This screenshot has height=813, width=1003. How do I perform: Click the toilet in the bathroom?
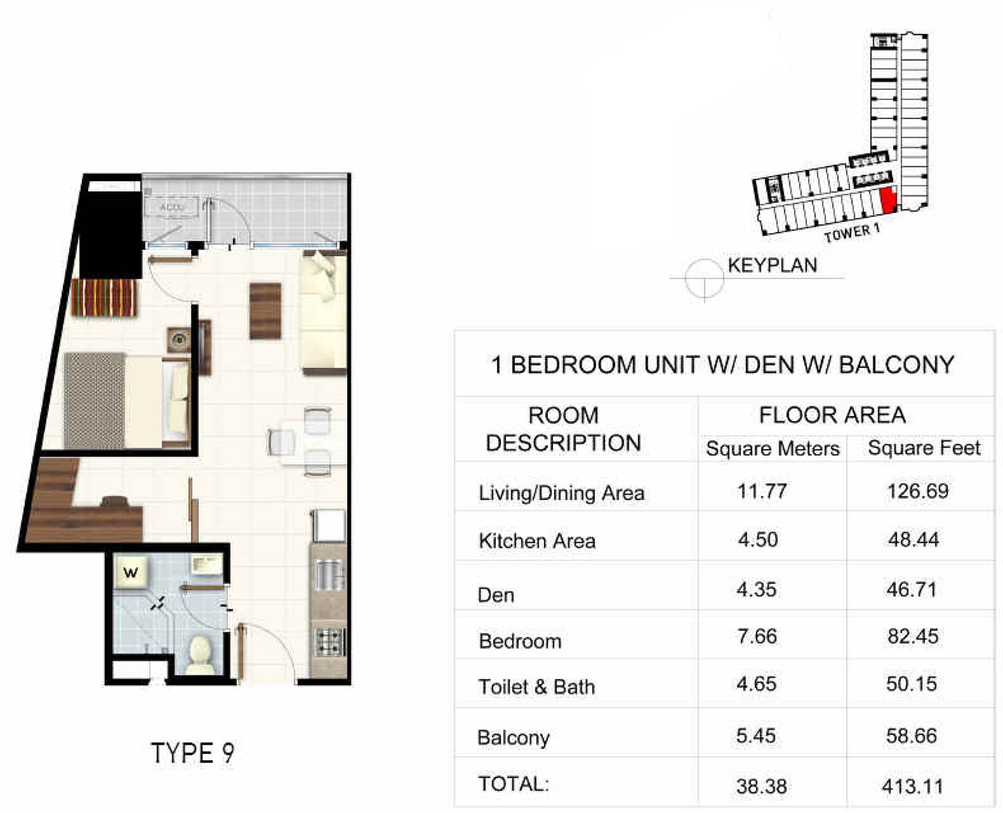click(x=202, y=655)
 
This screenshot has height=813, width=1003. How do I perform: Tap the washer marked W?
click(x=132, y=572)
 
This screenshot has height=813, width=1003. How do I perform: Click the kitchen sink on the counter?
click(x=329, y=574)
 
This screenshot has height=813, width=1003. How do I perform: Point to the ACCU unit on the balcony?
click(x=172, y=207)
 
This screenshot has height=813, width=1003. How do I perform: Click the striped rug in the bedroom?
click(x=104, y=298)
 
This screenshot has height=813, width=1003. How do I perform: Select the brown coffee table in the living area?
click(x=265, y=311)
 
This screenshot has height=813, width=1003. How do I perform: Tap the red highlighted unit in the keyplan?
click(x=888, y=200)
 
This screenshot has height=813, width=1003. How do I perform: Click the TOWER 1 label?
click(x=852, y=233)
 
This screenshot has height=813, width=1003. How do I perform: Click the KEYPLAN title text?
click(x=772, y=266)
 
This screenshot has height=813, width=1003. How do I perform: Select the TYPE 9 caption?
click(x=192, y=753)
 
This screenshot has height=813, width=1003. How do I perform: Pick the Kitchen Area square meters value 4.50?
click(x=758, y=540)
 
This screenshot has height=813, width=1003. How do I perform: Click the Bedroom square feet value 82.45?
click(x=913, y=636)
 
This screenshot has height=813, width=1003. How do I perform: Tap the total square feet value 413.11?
click(x=912, y=786)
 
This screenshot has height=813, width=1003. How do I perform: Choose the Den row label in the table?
click(x=496, y=595)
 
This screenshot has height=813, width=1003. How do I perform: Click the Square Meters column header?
click(x=773, y=449)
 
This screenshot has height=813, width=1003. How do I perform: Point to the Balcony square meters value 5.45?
click(x=756, y=736)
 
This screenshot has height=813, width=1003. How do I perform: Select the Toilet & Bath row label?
click(x=537, y=687)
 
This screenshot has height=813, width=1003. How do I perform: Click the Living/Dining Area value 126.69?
click(x=918, y=491)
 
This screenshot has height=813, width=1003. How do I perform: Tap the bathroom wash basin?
click(x=206, y=564)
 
